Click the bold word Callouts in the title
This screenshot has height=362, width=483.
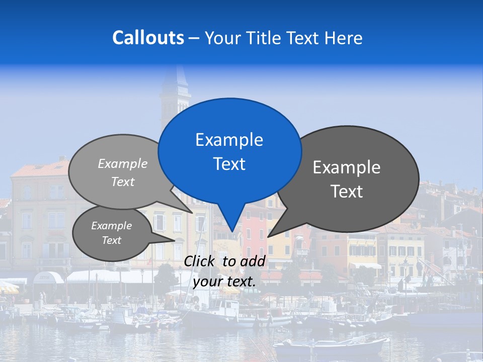pos(148,38)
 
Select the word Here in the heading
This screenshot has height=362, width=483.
pos(342,38)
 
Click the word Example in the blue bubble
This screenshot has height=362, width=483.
pos(229,140)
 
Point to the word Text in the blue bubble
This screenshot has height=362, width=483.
pos(229,164)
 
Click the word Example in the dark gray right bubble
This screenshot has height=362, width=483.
pos(347,167)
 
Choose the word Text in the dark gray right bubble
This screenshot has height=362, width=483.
pos(347,191)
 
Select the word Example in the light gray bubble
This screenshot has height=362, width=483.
pos(123,163)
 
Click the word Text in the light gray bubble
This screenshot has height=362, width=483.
pos(123,182)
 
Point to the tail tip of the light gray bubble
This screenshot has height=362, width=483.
pos(191,212)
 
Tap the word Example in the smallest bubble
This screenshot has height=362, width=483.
pos(112,226)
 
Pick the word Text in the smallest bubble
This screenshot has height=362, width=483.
pos(112,240)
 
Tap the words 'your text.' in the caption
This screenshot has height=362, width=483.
pos(224,282)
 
